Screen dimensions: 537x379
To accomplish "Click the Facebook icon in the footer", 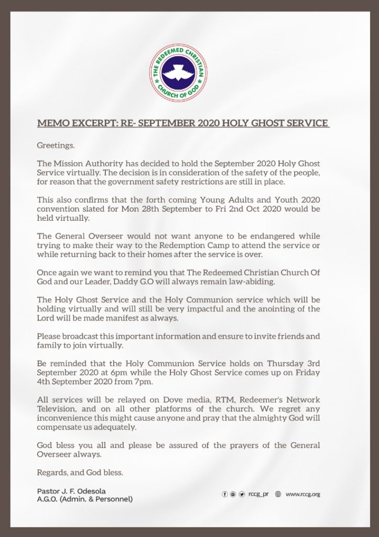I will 225,494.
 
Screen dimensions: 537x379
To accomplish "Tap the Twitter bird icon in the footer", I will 242,494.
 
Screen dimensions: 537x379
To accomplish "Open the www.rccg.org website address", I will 302,494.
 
